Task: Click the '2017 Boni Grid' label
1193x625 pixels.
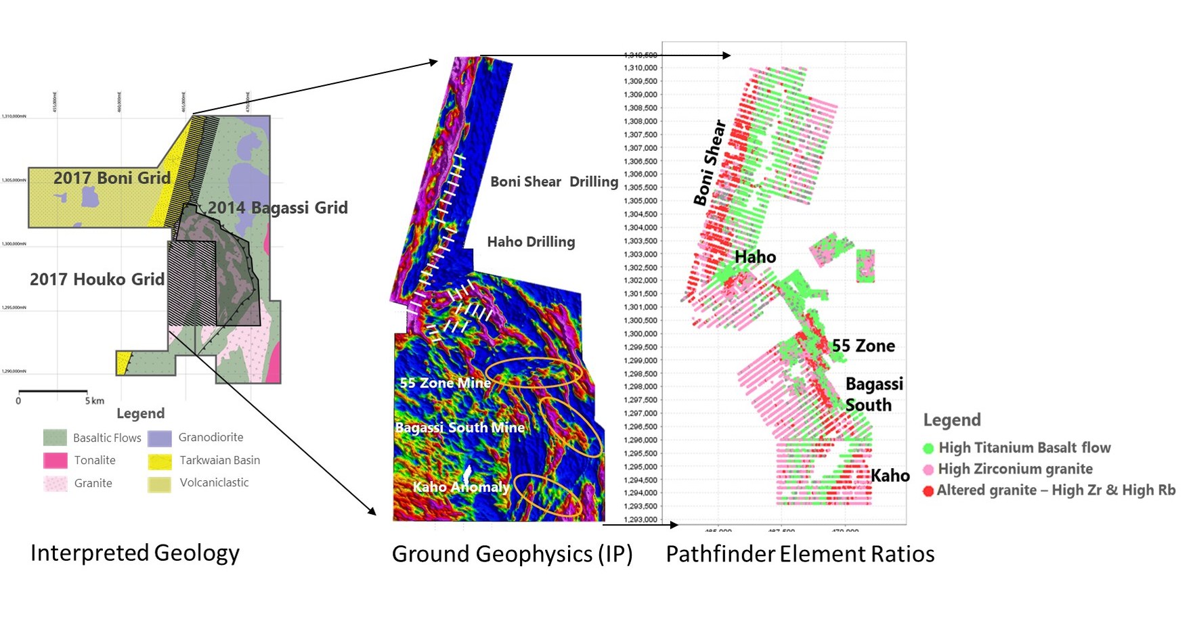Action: (112, 178)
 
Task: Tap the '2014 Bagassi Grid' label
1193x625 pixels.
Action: (278, 208)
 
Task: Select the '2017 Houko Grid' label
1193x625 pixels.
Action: (97, 279)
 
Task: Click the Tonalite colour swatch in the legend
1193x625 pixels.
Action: (55, 461)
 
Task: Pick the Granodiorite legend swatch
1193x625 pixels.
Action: (159, 438)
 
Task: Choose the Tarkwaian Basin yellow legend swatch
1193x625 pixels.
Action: (159, 461)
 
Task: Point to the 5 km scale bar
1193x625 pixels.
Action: (53, 391)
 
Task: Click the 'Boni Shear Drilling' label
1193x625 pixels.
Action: (554, 182)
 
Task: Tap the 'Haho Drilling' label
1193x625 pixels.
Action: (531, 241)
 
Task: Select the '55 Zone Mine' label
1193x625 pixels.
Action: (445, 383)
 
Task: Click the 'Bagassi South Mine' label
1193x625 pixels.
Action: (460, 427)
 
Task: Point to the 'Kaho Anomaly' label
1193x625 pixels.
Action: (461, 487)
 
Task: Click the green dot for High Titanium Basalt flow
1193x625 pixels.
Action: (928, 448)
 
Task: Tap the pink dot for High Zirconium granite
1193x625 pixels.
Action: (928, 469)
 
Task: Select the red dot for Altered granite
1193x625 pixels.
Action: (928, 491)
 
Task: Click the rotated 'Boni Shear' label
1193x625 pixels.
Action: (710, 162)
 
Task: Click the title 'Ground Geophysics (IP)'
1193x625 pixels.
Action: (512, 554)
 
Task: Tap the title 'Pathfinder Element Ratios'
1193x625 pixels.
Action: (800, 554)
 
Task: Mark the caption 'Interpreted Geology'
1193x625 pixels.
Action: (135, 553)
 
